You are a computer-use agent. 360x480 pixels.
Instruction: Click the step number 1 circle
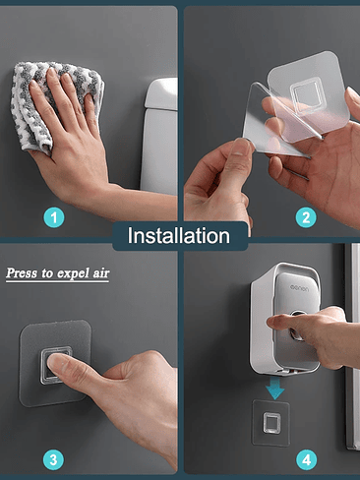click(x=54, y=217)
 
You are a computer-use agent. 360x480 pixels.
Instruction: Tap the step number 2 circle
click(x=306, y=217)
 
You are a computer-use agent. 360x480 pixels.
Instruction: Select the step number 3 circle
click(x=53, y=459)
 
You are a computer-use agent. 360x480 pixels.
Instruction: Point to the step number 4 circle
click(x=306, y=459)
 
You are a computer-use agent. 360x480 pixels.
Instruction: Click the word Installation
click(x=179, y=235)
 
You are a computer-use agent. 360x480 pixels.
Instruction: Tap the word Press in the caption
click(x=22, y=273)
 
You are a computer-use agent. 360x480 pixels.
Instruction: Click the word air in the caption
click(x=100, y=273)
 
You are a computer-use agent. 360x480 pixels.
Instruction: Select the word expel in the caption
click(x=73, y=273)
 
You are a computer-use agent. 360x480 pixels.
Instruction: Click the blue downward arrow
click(x=274, y=388)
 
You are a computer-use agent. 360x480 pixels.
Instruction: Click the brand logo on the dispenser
click(x=299, y=288)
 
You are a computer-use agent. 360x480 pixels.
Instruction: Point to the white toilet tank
click(x=159, y=135)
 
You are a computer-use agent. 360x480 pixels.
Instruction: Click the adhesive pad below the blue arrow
click(x=271, y=422)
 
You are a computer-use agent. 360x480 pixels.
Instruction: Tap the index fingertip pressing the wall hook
click(x=53, y=363)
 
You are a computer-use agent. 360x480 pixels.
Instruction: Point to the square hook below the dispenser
click(x=271, y=423)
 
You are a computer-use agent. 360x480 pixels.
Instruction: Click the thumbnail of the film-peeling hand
click(x=243, y=149)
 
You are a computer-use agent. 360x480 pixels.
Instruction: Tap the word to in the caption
click(x=47, y=273)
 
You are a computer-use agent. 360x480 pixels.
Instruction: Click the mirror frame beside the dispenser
click(x=352, y=344)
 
